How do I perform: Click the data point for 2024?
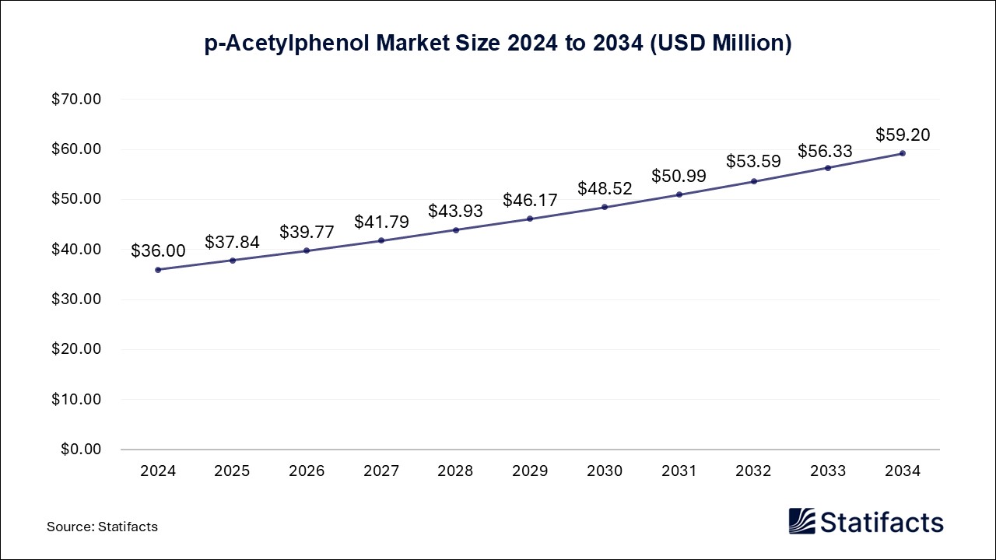pyautogui.click(x=158, y=270)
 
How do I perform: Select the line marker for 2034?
pyautogui.click(x=903, y=153)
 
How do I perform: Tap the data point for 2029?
pyautogui.click(x=530, y=219)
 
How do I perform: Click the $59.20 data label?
pyautogui.click(x=903, y=135)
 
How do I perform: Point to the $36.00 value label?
pyautogui.click(x=158, y=250)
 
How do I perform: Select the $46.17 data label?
pyautogui.click(x=530, y=200)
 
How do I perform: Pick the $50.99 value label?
pyautogui.click(x=679, y=176)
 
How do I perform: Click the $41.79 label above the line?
pyautogui.click(x=381, y=222)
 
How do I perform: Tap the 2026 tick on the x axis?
pyautogui.click(x=307, y=471)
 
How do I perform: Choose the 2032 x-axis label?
pyautogui.click(x=753, y=471)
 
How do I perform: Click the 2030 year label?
pyautogui.click(x=605, y=471)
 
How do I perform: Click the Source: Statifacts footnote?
pyautogui.click(x=102, y=527)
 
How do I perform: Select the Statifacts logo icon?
pyautogui.click(x=801, y=521)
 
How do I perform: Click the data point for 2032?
pyautogui.click(x=753, y=181)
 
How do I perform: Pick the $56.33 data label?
pyautogui.click(x=825, y=151)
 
